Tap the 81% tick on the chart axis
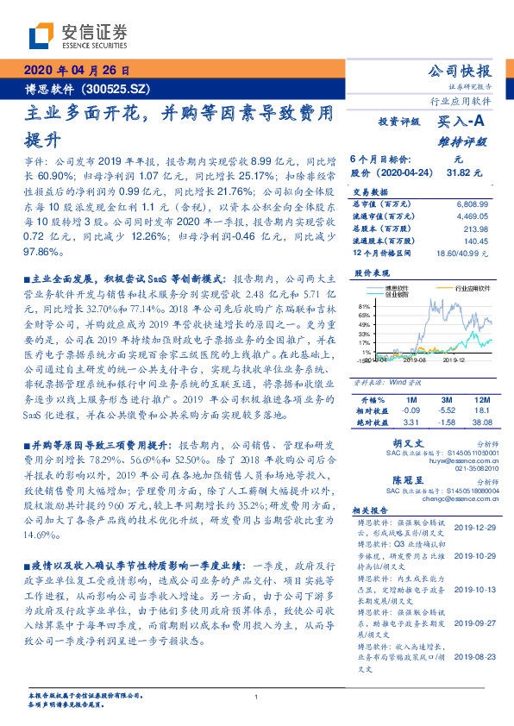(365, 306)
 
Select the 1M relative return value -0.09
(411, 411)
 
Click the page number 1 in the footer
(257, 697)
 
